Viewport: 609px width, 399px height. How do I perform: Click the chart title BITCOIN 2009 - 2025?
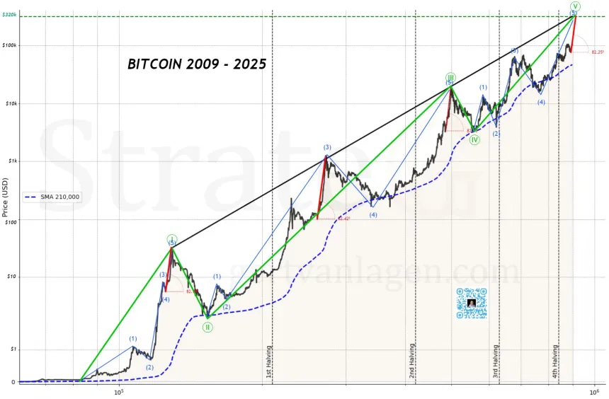point(197,64)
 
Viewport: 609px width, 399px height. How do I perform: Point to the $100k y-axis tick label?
point(10,45)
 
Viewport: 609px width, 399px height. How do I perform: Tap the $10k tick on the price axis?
point(11,103)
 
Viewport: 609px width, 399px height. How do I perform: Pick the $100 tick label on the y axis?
point(11,221)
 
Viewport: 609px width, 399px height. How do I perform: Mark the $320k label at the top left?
point(9,15)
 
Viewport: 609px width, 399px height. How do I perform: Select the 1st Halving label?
point(268,362)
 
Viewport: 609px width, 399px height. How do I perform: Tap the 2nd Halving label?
point(411,362)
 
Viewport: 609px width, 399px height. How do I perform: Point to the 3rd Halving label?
point(496,362)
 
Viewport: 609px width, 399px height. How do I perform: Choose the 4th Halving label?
point(555,362)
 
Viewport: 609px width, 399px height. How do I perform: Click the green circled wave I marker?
point(171,238)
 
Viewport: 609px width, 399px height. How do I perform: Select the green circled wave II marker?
point(207,327)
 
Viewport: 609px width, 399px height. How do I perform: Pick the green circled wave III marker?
point(450,77)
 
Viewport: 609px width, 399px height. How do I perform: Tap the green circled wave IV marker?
point(475,140)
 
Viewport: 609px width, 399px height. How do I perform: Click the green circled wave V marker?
point(575,6)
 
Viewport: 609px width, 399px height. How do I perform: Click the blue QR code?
point(472,303)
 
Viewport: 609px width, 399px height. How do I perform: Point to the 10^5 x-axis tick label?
point(118,391)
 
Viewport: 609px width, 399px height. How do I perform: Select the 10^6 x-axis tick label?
point(593,391)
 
